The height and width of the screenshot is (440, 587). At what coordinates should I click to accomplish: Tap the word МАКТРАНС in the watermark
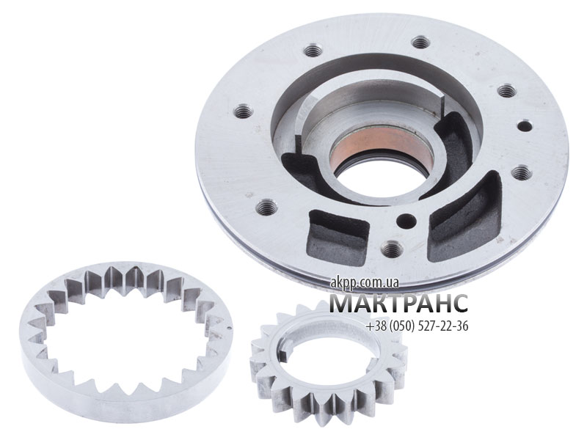click(398, 303)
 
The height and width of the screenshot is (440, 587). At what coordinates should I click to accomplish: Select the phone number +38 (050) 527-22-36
click(417, 326)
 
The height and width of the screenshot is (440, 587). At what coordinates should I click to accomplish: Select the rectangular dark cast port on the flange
click(338, 237)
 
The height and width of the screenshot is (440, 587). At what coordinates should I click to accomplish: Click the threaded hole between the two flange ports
click(391, 248)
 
